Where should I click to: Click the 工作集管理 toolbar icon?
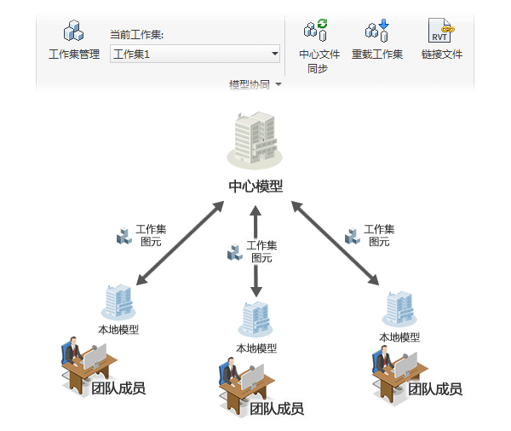(x=74, y=32)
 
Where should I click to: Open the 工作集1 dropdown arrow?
(x=274, y=55)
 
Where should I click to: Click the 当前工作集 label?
(x=136, y=35)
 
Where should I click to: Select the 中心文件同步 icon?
(x=318, y=32)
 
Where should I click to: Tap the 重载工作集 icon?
(x=376, y=32)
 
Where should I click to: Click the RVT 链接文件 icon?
(x=441, y=32)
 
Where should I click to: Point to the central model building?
(x=254, y=140)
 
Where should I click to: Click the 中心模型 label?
(x=255, y=186)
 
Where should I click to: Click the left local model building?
(x=118, y=302)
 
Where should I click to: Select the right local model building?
(x=399, y=309)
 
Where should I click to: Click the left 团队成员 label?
(x=118, y=389)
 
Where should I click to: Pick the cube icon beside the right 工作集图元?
(x=351, y=234)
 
